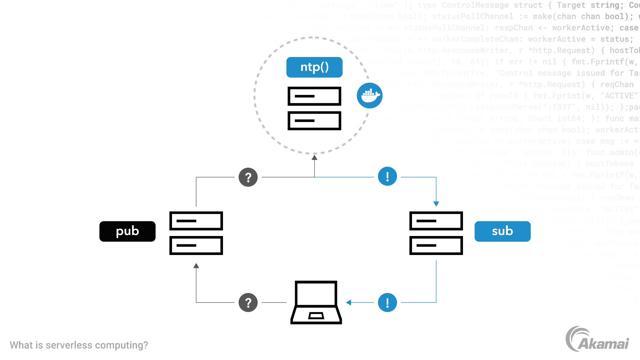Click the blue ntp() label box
[x=314, y=67]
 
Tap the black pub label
[x=127, y=231]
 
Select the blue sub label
[x=502, y=231]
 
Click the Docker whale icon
[x=369, y=96]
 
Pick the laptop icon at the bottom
[x=316, y=302]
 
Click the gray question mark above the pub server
[x=248, y=177]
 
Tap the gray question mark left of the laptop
[x=248, y=303]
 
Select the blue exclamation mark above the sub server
[x=387, y=176]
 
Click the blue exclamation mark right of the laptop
[x=387, y=303]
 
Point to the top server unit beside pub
[x=196, y=221]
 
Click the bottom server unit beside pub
[x=196, y=245]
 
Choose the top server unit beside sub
[x=436, y=221]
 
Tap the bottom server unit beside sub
[x=436, y=245]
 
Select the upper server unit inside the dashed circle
[x=314, y=96]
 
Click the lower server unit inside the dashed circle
[x=314, y=121]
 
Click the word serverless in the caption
[x=69, y=345]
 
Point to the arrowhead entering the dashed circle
[x=314, y=157]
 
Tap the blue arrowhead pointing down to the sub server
[x=436, y=204]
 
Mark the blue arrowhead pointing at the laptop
[x=349, y=303]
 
